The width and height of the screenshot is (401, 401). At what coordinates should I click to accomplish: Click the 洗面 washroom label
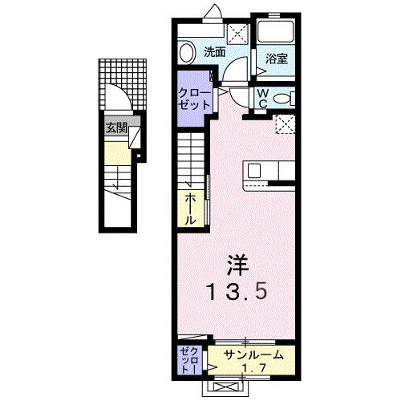(x=213, y=52)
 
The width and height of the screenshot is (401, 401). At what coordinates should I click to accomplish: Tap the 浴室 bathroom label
(x=277, y=58)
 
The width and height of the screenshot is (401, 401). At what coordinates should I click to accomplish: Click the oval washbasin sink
(x=187, y=54)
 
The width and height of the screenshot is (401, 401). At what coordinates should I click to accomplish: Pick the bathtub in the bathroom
(x=277, y=32)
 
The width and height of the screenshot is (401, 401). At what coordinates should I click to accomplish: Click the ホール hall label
(x=192, y=208)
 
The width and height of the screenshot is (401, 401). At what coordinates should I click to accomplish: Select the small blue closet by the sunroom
(x=190, y=358)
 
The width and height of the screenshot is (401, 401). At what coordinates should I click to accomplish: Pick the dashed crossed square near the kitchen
(x=286, y=123)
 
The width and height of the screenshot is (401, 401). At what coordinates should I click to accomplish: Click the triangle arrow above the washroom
(x=214, y=11)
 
